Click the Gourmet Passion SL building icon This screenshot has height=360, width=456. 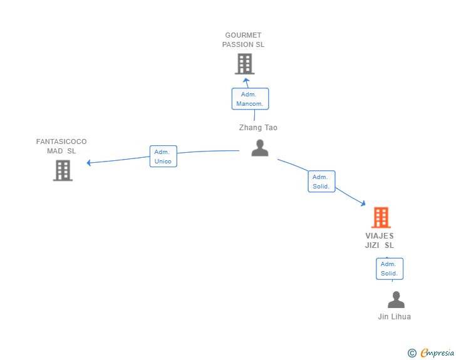tap(244, 64)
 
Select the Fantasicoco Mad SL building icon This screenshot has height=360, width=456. tap(63, 170)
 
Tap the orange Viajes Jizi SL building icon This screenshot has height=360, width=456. tap(381, 217)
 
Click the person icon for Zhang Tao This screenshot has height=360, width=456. tap(259, 148)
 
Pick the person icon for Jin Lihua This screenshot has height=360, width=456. tap(396, 300)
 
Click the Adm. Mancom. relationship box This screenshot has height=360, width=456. tap(250, 99)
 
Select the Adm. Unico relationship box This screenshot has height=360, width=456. tap(163, 157)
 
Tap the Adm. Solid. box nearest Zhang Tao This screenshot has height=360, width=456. tap(321, 182)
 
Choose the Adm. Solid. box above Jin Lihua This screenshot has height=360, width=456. tap(389, 269)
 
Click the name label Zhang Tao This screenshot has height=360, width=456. tap(258, 128)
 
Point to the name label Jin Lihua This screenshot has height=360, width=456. tap(395, 317)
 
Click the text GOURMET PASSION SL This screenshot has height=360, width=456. tap(243, 40)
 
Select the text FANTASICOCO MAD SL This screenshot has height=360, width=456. tap(61, 147)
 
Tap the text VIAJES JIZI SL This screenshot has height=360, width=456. tap(380, 240)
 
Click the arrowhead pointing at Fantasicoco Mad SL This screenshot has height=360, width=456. tap(90, 163)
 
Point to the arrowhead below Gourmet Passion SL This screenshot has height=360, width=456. tap(246, 80)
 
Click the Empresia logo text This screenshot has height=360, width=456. tap(437, 353)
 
